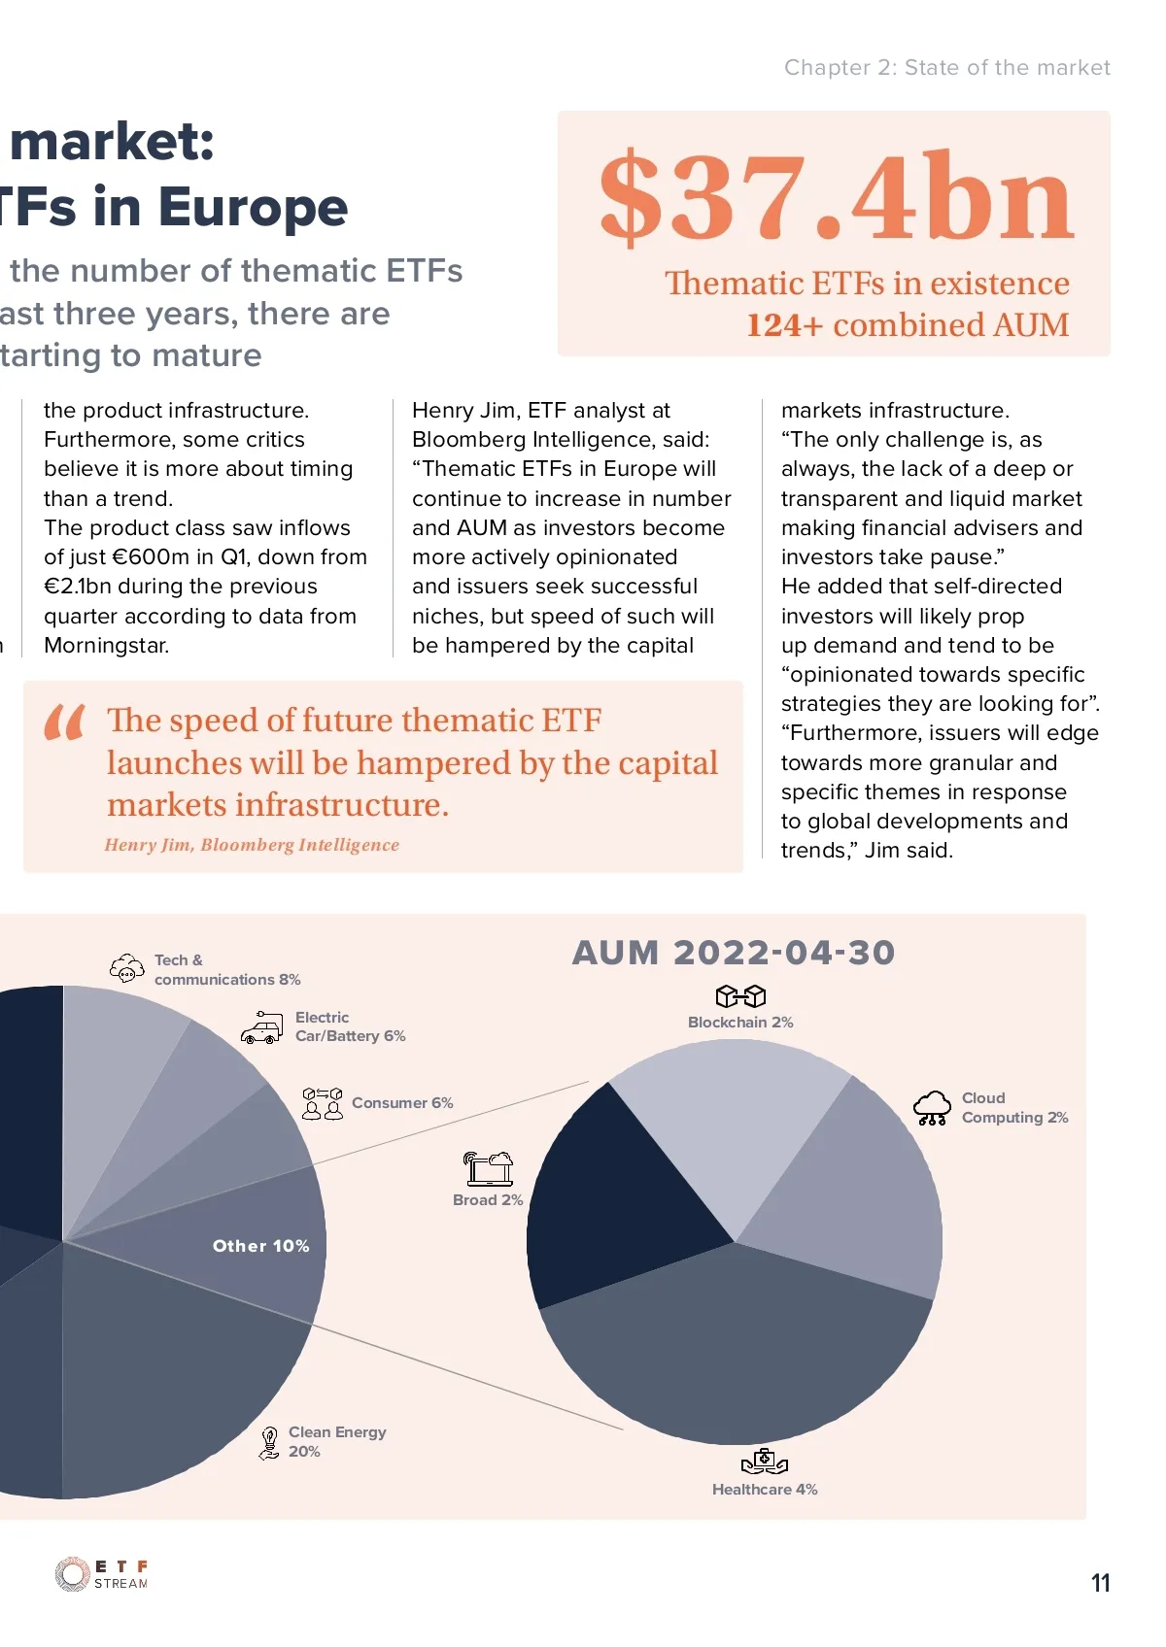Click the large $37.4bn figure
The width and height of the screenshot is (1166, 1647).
tap(837, 197)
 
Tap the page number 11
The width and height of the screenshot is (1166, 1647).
tap(1100, 1583)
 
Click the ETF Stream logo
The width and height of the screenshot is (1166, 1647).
tap(102, 1574)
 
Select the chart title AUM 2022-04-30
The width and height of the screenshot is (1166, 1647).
tap(734, 953)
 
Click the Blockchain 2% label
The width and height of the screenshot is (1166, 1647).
tap(740, 1023)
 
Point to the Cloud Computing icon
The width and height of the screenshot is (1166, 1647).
tap(932, 1107)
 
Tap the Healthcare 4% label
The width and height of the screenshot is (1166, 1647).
tap(765, 1490)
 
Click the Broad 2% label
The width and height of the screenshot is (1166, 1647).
tap(488, 1200)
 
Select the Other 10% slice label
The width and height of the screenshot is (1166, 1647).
tap(260, 1246)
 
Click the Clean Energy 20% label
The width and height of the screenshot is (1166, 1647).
tap(336, 1442)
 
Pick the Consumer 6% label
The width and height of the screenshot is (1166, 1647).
tap(402, 1103)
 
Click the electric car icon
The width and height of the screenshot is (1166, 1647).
tap(262, 1027)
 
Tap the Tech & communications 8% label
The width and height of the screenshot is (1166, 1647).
tap(226, 970)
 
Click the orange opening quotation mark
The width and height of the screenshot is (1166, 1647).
tap(65, 723)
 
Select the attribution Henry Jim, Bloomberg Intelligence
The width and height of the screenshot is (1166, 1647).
tap(252, 845)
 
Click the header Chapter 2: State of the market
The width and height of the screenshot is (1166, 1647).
tap(946, 68)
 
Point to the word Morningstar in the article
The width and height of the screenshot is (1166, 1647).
tap(107, 646)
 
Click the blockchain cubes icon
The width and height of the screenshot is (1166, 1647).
tap(740, 996)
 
